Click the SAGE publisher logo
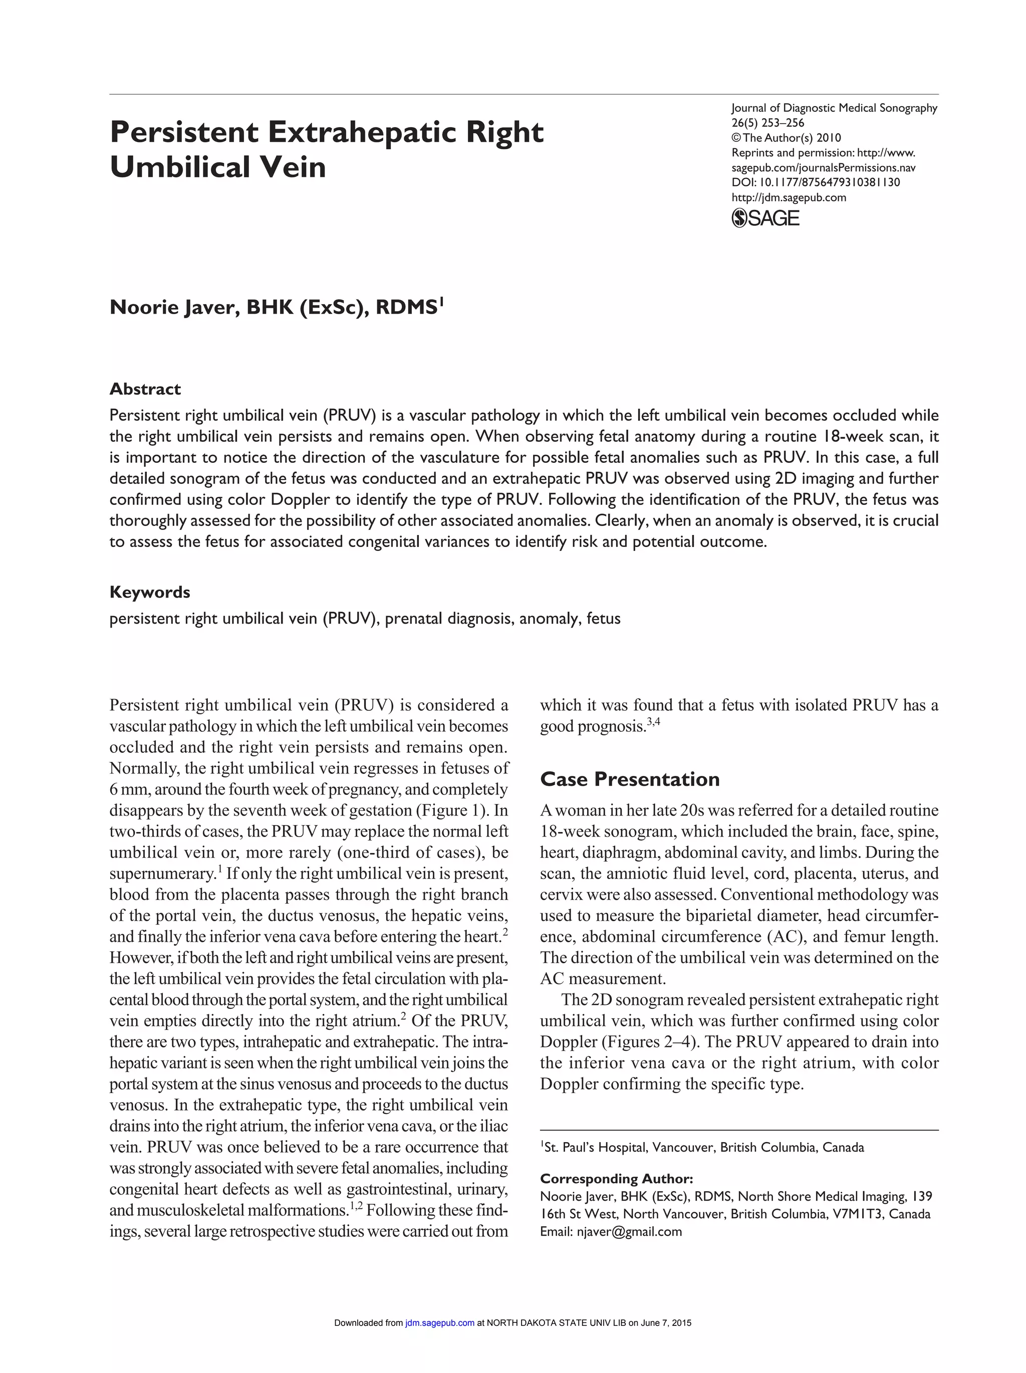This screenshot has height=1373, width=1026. click(x=765, y=218)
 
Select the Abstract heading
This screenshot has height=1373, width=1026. click(x=145, y=389)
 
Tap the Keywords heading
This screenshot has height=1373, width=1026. click(x=150, y=592)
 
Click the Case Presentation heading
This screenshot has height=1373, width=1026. click(x=629, y=779)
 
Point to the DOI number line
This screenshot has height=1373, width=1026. click(x=816, y=182)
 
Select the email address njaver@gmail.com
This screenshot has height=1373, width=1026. click(x=629, y=1231)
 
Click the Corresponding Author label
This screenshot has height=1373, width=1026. click(x=616, y=1179)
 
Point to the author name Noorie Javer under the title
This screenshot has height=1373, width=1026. click(x=174, y=307)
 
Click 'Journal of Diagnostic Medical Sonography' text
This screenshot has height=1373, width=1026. click(x=834, y=108)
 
